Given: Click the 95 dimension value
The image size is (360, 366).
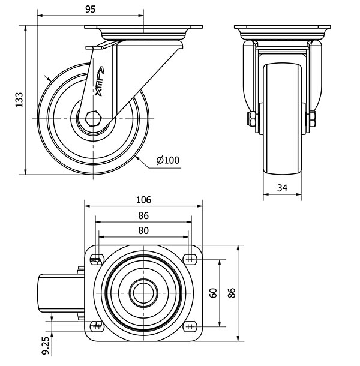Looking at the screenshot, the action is pyautogui.click(x=91, y=9).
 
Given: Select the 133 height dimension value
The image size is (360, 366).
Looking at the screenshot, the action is pyautogui.click(x=19, y=100).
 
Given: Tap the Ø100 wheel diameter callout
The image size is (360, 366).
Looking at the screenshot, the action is pyautogui.click(x=168, y=160).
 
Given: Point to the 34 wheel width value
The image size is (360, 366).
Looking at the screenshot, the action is pyautogui.click(x=282, y=188).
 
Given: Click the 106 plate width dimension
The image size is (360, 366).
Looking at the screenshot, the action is pyautogui.click(x=143, y=200).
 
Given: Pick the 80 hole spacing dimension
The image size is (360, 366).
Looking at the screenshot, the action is pyautogui.click(x=143, y=230).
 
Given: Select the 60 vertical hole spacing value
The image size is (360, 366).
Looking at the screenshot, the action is pyautogui.click(x=213, y=293).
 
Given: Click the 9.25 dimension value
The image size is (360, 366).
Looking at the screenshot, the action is pyautogui.click(x=46, y=345).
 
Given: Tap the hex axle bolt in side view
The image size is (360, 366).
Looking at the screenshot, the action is pyautogui.click(x=93, y=119).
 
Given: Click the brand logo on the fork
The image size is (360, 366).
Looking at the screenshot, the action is pyautogui.click(x=100, y=81).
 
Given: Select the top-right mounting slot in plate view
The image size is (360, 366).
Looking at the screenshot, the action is pyautogui.click(x=190, y=259).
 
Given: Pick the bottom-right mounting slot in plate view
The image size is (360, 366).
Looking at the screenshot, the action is pyautogui.click(x=190, y=326).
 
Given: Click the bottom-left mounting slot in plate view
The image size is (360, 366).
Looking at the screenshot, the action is pyautogui.click(x=96, y=326).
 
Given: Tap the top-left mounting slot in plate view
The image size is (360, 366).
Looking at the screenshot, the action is pyautogui.click(x=96, y=259).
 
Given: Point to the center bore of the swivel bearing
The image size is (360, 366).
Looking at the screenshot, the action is pyautogui.click(x=143, y=293).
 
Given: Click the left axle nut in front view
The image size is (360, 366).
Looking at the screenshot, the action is pyautogui.click(x=252, y=119).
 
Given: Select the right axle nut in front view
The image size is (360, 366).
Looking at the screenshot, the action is pyautogui.click(x=312, y=119).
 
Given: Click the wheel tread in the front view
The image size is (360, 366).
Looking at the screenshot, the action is pyautogui.click(x=282, y=119).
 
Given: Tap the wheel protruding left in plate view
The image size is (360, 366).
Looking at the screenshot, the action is pyautogui.click(x=61, y=293).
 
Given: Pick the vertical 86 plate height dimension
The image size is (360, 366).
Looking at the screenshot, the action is pyautogui.click(x=231, y=293).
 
